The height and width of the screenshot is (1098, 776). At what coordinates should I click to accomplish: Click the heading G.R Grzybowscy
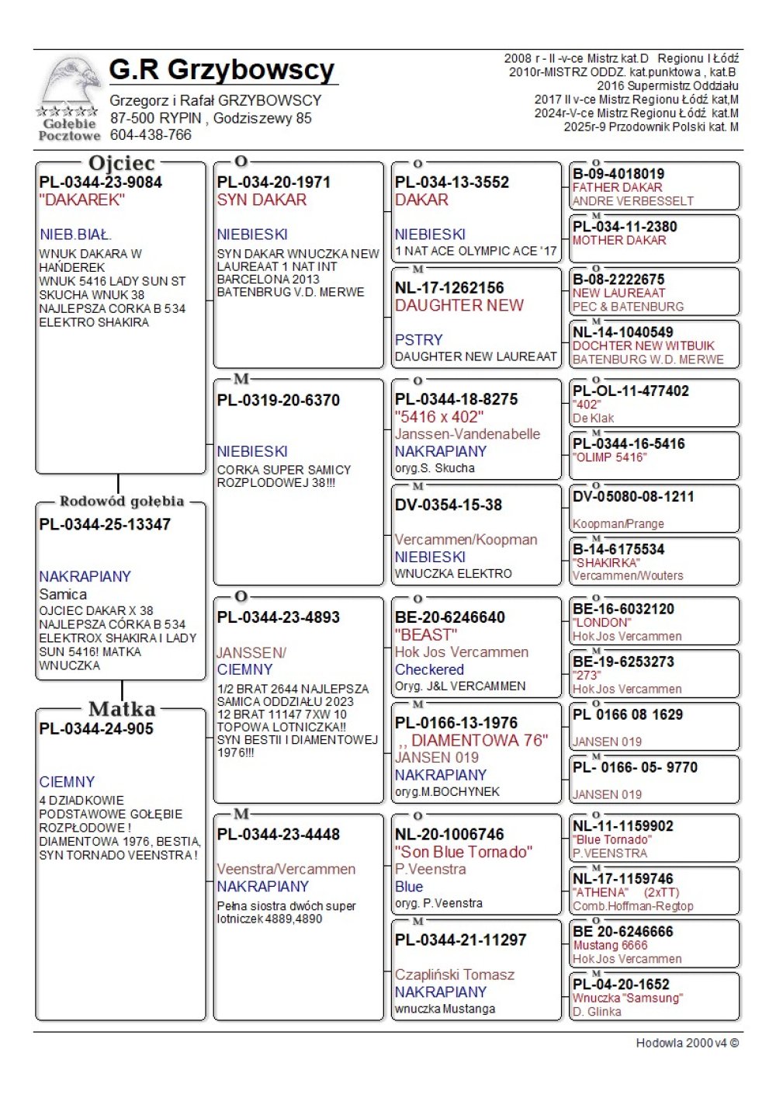pyautogui.click(x=222, y=70)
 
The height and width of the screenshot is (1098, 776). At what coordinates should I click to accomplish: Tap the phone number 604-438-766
pyautogui.click(x=151, y=135)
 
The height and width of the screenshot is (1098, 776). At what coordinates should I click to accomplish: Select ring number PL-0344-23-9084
pyautogui.click(x=101, y=182)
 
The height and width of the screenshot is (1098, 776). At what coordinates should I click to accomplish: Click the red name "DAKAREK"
pyautogui.click(x=81, y=200)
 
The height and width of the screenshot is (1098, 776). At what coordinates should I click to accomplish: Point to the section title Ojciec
pyautogui.click(x=122, y=163)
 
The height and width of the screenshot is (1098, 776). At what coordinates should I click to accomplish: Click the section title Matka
pyautogui.click(x=122, y=709)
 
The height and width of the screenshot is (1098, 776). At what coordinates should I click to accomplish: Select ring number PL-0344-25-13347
pyautogui.click(x=105, y=525)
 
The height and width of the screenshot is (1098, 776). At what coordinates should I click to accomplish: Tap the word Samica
pyautogui.click(x=63, y=594)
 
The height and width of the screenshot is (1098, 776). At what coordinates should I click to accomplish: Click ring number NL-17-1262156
pyautogui.click(x=449, y=288)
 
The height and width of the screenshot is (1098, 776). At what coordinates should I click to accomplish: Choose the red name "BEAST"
pyautogui.click(x=426, y=635)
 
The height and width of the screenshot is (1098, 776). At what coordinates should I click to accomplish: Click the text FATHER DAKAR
pyautogui.click(x=617, y=188)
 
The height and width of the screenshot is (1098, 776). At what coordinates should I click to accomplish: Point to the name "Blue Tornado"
pyautogui.click(x=612, y=840)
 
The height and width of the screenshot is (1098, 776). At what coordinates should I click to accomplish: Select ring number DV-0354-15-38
pyautogui.click(x=449, y=506)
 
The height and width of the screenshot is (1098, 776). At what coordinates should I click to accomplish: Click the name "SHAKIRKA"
pyautogui.click(x=606, y=563)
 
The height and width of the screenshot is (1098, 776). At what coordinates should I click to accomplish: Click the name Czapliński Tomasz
pyautogui.click(x=455, y=975)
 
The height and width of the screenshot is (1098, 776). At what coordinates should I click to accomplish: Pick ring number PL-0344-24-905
pyautogui.click(x=96, y=729)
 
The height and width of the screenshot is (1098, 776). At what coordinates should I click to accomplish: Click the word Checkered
pyautogui.click(x=429, y=669)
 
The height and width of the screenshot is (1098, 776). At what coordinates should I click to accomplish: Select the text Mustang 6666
pyautogui.click(x=610, y=946)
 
